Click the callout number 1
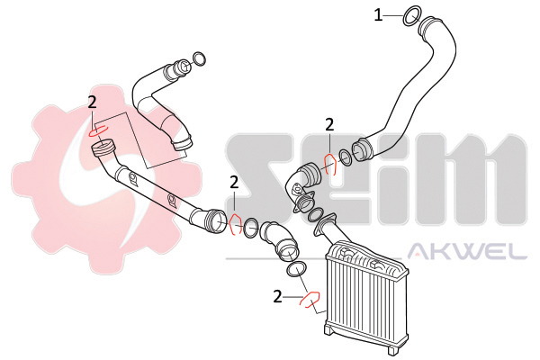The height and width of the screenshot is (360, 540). click(378, 15)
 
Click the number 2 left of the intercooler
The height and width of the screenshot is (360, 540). click(277, 296)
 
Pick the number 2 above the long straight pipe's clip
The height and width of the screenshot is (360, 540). click(234, 183)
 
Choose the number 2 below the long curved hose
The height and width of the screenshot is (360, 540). click(329, 125)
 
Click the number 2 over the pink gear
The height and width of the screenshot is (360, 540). click(92, 103)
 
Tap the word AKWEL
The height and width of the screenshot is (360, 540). click(467, 251)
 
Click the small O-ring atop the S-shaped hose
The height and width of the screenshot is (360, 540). click(199, 58)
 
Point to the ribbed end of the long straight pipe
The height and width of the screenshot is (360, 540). click(103, 148)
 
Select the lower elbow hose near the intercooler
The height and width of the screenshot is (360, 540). click(278, 240)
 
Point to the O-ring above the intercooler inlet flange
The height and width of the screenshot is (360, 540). click(314, 214)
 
